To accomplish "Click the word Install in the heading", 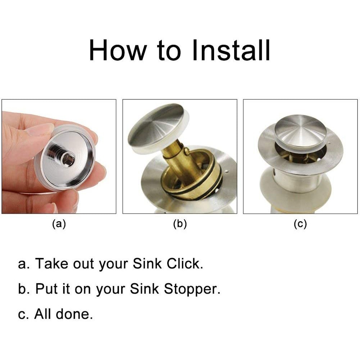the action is (x=231, y=50).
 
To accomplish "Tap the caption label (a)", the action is (x=59, y=224).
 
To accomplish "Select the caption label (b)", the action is (x=180, y=224).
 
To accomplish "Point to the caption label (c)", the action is (x=300, y=224).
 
